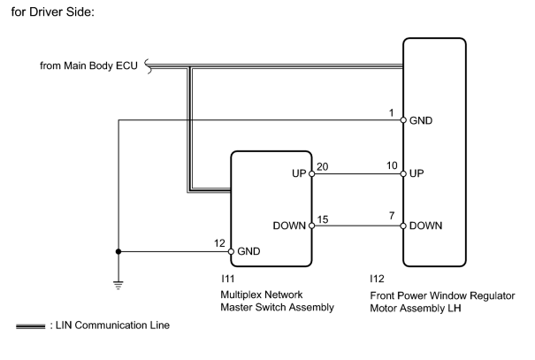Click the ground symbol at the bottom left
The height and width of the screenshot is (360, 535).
point(118,285)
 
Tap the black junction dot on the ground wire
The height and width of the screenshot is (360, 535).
point(118,251)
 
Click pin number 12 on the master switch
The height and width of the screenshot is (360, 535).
point(219,243)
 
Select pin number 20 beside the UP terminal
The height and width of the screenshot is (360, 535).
point(323,166)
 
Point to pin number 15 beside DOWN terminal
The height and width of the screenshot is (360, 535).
point(323,219)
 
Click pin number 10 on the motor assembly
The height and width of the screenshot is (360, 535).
point(392,165)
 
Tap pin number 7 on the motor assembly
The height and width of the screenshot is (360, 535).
point(392,216)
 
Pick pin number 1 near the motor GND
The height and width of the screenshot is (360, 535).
point(392,112)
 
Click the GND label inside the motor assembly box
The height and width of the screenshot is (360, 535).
point(421,120)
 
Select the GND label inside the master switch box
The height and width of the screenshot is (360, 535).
point(248,251)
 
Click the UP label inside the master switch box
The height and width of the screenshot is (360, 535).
point(299,173)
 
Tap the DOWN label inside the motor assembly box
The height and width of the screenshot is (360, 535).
point(425,226)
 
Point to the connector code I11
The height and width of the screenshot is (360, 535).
point(227,279)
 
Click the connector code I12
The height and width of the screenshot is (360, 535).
point(377,279)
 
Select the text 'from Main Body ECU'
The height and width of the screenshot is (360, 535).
point(88,65)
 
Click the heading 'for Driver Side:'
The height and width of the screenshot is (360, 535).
point(52,12)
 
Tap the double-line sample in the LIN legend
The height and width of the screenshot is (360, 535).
point(30,326)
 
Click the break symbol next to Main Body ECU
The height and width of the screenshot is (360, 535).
point(148,66)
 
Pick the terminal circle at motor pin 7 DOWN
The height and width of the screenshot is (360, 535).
point(403,226)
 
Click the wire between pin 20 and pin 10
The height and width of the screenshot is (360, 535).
point(357,174)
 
